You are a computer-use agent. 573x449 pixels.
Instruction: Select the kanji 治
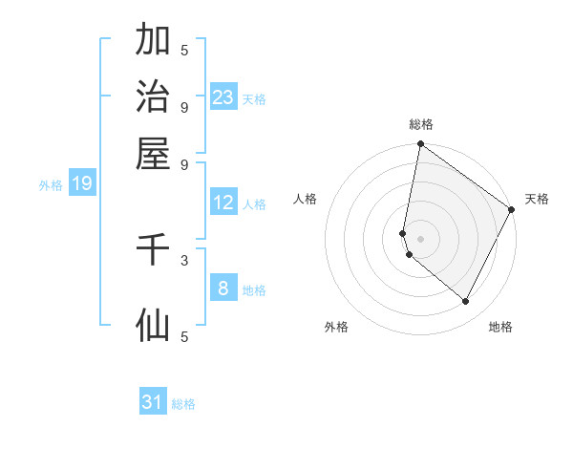click(153, 97)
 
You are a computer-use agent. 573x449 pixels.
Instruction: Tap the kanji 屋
click(153, 154)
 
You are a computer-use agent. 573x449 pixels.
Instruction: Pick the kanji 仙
click(153, 325)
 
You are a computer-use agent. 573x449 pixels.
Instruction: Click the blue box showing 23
click(223, 97)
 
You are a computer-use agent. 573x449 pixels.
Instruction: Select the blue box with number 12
click(223, 203)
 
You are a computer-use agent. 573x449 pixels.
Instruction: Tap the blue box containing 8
click(223, 289)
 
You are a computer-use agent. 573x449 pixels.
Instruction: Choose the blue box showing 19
click(82, 184)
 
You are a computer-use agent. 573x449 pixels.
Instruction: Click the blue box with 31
click(153, 402)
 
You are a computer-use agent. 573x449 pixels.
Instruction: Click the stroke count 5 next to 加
click(184, 49)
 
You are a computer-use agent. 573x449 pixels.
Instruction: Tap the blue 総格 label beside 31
click(183, 404)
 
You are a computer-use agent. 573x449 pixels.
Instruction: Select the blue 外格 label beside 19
click(51, 185)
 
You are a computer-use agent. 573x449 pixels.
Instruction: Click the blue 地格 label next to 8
click(254, 290)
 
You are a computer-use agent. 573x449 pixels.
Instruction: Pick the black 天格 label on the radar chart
click(537, 199)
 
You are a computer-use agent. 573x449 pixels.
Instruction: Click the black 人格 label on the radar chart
click(306, 199)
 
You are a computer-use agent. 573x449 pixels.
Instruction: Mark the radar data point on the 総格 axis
click(420, 144)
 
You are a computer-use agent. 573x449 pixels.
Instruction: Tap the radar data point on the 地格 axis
click(466, 302)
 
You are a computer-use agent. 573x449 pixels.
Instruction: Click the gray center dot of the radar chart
click(420, 238)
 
